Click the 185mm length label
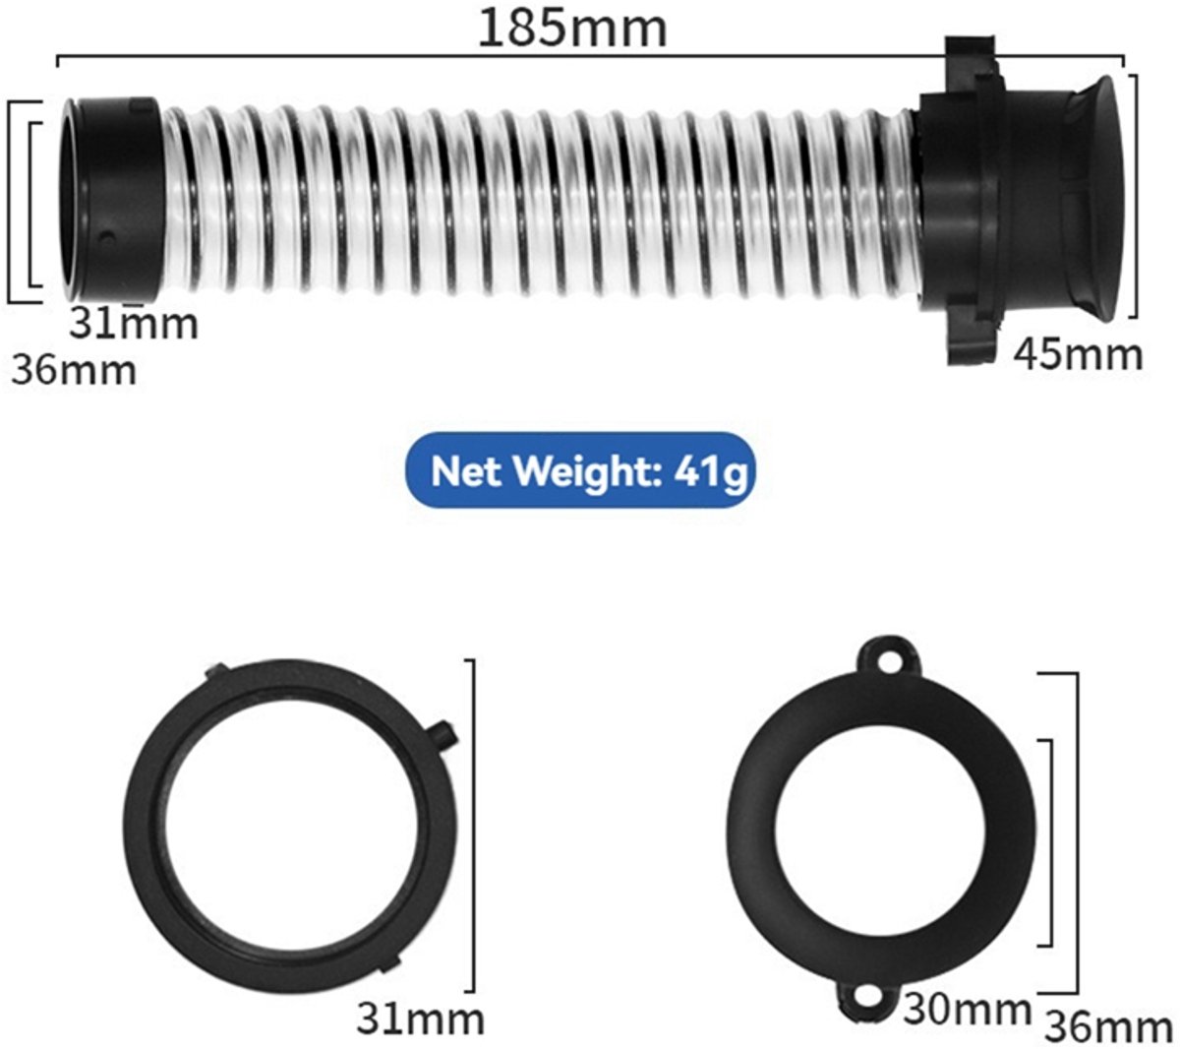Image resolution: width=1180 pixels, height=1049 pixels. coord(572,29)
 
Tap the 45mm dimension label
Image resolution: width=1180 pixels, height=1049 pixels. coord(1078,355)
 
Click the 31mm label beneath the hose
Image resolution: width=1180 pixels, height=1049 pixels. coord(134,324)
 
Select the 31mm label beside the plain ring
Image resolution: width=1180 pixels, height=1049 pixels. coord(421,1018)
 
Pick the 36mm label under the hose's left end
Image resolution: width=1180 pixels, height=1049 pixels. coord(74,370)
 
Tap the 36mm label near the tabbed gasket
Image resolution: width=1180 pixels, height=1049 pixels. coord(1108,1028)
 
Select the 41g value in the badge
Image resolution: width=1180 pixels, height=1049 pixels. coord(710,472)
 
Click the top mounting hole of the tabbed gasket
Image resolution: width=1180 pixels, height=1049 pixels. coord(888,661)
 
